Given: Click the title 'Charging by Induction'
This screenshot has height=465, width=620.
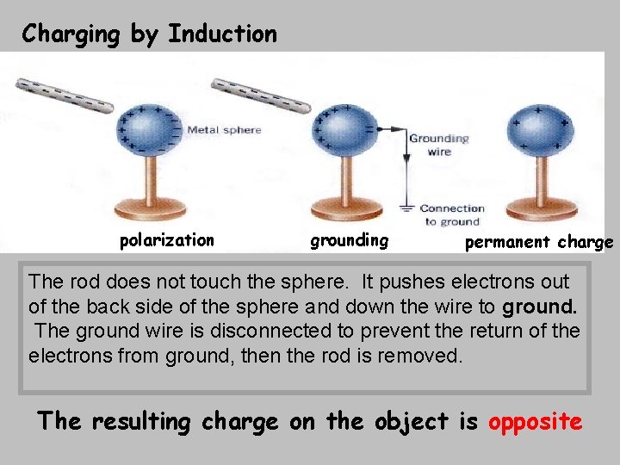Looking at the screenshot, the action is click(x=150, y=34).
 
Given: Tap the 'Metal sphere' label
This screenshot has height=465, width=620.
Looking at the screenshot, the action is click(x=224, y=130).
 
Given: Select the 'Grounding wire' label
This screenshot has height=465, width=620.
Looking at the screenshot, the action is click(x=438, y=145).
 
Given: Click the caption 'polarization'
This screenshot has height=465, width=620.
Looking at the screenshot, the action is click(x=167, y=240).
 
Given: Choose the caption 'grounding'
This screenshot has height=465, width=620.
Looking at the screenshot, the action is click(x=350, y=240).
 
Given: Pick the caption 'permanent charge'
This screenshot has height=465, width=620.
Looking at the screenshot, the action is click(x=539, y=242).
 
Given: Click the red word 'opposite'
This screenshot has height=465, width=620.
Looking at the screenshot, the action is click(x=535, y=422).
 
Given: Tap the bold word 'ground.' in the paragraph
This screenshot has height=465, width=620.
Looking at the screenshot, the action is click(x=540, y=306).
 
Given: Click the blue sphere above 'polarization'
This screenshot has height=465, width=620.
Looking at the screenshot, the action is click(x=150, y=133).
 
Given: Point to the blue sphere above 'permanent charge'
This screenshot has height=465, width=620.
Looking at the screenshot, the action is click(x=539, y=133).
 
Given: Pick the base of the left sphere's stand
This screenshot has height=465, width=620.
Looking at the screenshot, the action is click(x=151, y=208).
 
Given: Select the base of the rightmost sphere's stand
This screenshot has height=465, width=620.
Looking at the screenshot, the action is click(x=541, y=208).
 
